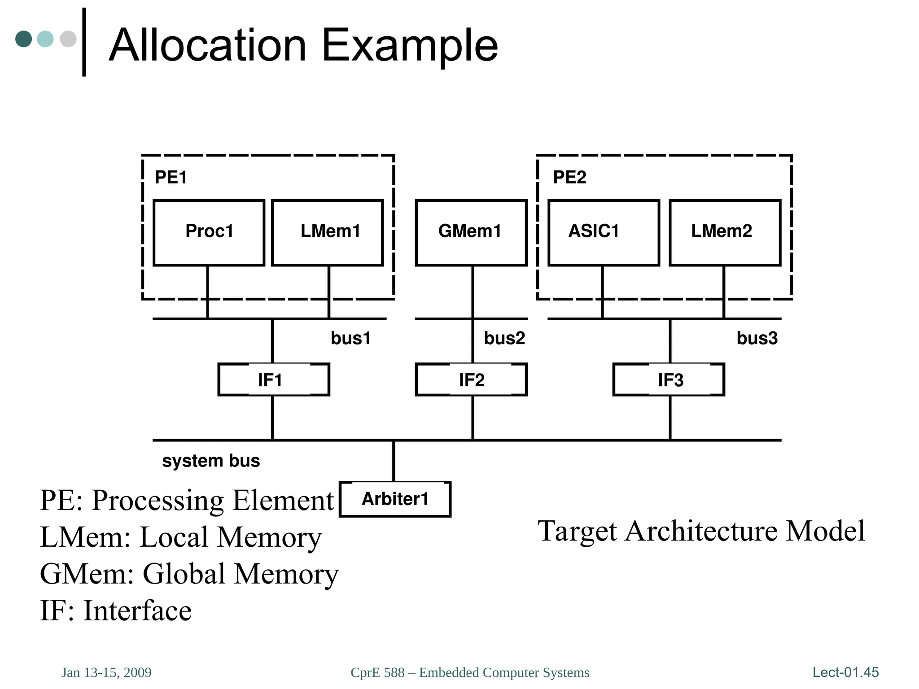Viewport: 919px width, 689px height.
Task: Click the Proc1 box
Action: (209, 232)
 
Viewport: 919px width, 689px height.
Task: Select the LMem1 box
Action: (328, 232)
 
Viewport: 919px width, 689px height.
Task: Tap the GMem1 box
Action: (471, 232)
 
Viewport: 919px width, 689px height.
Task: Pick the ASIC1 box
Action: (604, 232)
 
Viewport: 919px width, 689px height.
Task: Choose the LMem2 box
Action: (725, 232)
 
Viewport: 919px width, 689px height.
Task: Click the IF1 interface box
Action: (274, 379)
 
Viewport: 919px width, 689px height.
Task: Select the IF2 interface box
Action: (471, 379)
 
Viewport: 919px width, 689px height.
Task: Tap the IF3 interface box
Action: (669, 379)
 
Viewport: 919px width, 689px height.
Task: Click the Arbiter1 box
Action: (395, 499)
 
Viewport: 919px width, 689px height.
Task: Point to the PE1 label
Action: (171, 177)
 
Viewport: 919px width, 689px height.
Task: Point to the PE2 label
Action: (569, 177)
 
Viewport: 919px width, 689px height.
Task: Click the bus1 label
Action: (350, 338)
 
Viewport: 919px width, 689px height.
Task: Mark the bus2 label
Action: (504, 338)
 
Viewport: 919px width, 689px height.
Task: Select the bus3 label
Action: (757, 338)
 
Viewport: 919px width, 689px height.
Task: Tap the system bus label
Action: (211, 461)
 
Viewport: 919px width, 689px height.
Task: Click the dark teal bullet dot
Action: (23, 39)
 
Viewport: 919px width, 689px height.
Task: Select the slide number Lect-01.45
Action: (845, 672)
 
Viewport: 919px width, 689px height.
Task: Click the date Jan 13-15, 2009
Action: (106, 672)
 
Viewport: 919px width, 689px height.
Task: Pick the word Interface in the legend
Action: (137, 611)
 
